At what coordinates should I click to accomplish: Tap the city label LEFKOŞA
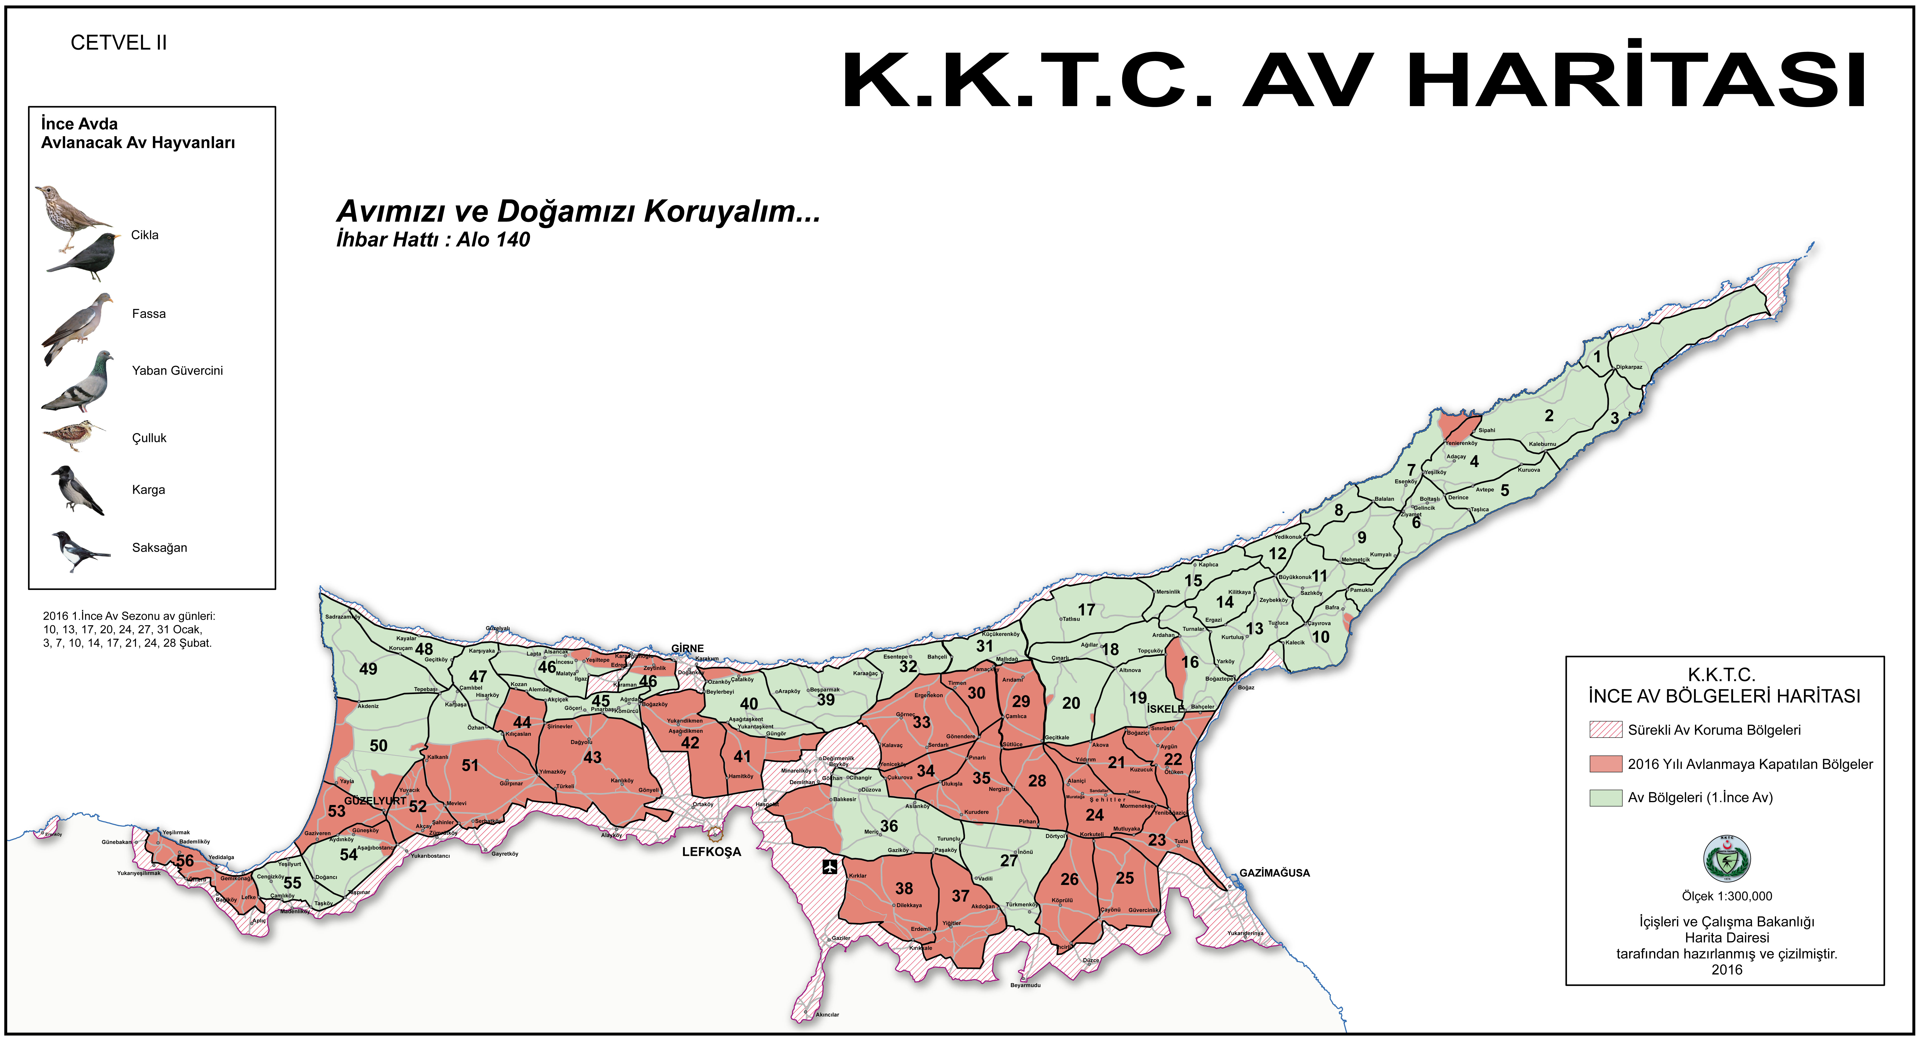tap(711, 851)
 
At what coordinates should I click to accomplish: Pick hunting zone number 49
tap(368, 669)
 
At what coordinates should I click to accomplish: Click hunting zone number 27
tap(1008, 860)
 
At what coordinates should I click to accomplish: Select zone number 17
tap(1086, 610)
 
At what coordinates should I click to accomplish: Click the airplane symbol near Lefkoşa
tap(829, 866)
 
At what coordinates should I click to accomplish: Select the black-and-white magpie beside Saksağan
tap(79, 551)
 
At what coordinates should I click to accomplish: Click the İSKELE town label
tap(1165, 708)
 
